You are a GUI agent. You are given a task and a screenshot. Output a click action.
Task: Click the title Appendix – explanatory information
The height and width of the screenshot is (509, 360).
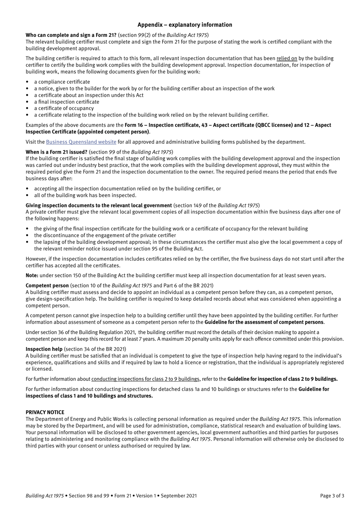pos(185,25)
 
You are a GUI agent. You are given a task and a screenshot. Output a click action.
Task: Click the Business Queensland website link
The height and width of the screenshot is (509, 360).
pos(81,142)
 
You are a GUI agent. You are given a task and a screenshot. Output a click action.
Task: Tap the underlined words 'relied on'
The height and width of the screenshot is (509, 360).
pos(286,58)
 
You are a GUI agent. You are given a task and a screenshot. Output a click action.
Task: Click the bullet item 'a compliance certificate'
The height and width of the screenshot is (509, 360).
pos(62,82)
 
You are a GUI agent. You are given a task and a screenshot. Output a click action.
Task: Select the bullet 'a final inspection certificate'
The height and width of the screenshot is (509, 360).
pos(67,102)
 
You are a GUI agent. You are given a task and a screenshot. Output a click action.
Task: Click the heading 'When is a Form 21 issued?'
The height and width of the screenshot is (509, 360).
pos(56,152)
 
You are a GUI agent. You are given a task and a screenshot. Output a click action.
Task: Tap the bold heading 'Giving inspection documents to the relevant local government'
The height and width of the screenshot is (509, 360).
pos(99,206)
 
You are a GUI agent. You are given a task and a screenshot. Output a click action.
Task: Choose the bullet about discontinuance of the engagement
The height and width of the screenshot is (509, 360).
pos(105,235)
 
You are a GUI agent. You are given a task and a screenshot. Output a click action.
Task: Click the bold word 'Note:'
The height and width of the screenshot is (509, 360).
pos(32,275)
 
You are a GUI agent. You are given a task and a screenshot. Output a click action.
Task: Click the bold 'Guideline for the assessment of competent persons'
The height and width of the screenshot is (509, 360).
pos(264,322)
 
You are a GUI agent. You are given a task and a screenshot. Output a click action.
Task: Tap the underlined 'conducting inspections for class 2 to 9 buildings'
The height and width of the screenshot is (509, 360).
pos(146,379)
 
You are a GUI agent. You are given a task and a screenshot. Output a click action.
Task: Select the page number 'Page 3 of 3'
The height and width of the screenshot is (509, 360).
pos(332,495)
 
